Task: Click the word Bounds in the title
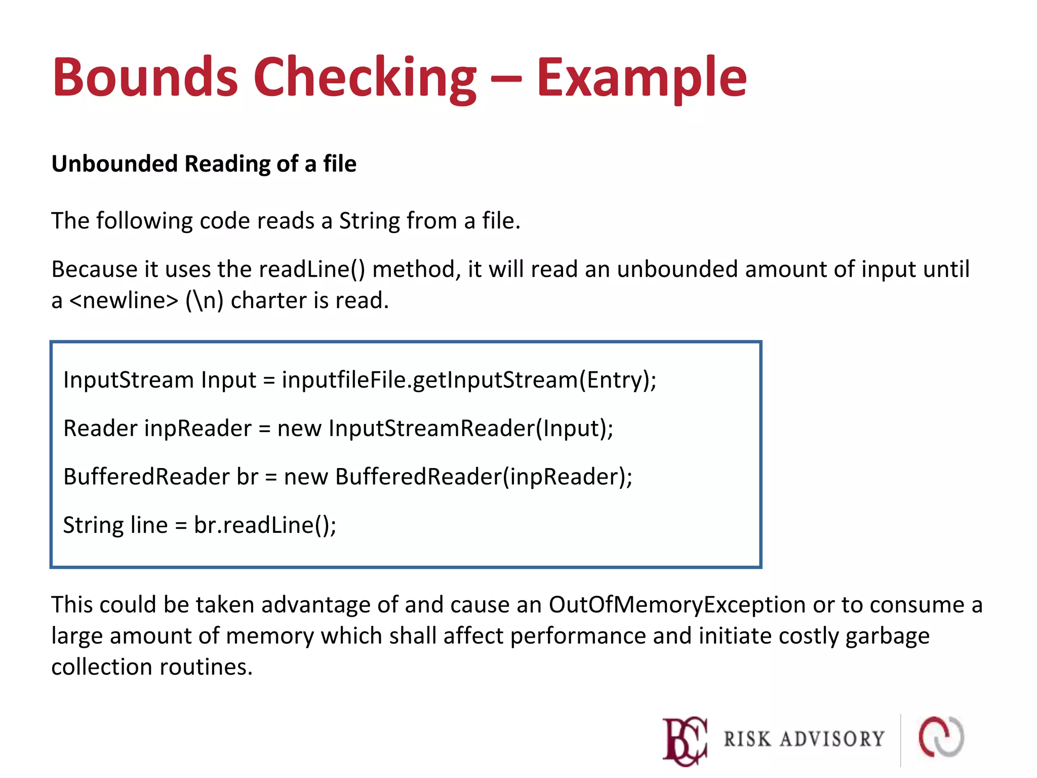pos(145,77)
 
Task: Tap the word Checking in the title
pos(365,77)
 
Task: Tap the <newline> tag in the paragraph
pos(124,300)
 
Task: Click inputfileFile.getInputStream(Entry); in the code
pos(469,380)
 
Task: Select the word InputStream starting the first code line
pos(129,380)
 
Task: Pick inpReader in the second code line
pos(198,429)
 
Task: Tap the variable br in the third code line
pos(248,477)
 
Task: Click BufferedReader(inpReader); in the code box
pos(484,477)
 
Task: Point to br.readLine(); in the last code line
pos(265,525)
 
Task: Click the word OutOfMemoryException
pos(677,605)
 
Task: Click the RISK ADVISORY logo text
pos(804,739)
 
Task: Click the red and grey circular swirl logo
pos(941,737)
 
